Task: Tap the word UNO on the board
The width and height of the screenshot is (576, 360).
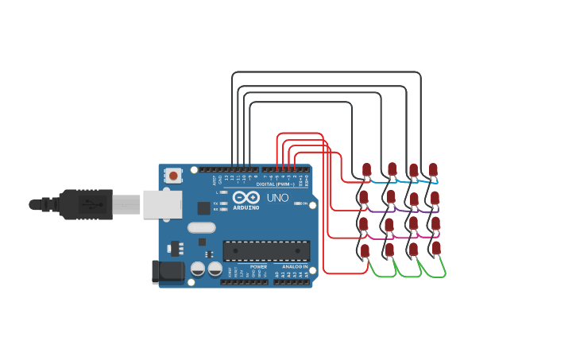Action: [x=277, y=198]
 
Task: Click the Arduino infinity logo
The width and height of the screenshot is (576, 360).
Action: [x=246, y=198]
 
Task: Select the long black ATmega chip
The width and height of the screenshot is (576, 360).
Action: [x=266, y=251]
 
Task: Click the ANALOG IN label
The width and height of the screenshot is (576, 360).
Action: [x=295, y=266]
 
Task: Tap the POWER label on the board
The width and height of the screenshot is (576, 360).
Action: [x=258, y=266]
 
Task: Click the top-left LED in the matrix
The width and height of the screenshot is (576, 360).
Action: [x=366, y=170]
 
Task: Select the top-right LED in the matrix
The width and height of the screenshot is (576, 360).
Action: [x=433, y=170]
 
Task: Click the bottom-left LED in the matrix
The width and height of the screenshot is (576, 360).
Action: [x=365, y=251]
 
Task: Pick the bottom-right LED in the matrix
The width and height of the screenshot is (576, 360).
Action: [x=436, y=249]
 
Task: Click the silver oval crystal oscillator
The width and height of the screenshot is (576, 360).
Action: [x=201, y=227]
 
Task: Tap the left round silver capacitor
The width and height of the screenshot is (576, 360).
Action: [x=198, y=269]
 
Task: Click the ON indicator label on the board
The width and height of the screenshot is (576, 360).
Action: [x=305, y=203]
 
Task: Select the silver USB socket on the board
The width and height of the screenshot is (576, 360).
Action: [x=162, y=204]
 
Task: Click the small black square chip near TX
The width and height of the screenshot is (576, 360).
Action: [x=204, y=208]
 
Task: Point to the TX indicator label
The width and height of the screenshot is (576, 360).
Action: [x=217, y=203]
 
